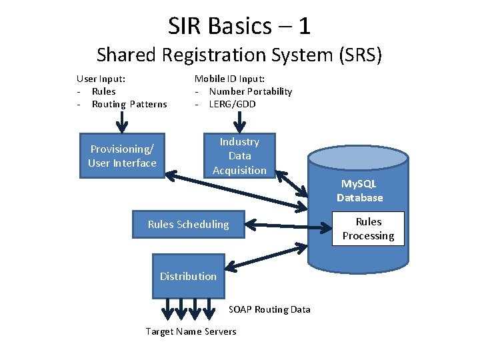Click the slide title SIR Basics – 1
[239, 26]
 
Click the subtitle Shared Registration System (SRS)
[239, 54]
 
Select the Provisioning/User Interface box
[122, 156]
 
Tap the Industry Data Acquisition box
[239, 156]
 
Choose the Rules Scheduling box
[188, 224]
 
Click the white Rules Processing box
[368, 229]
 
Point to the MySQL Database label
[360, 191]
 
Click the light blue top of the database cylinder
[357, 158]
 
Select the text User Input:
[101, 79]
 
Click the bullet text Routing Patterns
[129, 104]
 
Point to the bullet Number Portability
[250, 91]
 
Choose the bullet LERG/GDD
[232, 104]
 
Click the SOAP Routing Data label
[269, 309]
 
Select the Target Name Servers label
[191, 331]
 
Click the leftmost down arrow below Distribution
[165, 308]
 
